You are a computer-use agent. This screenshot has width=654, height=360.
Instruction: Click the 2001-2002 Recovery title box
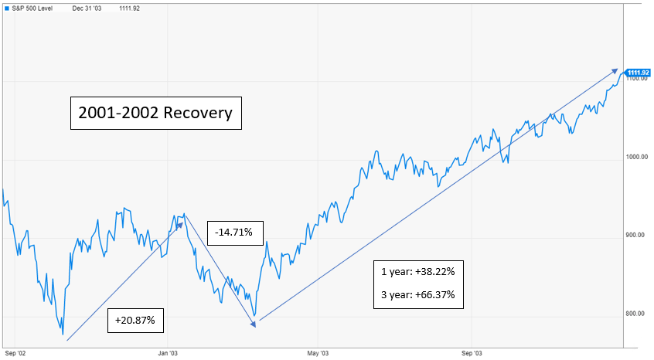(x=155, y=113)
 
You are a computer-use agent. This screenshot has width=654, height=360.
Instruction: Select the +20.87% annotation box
(x=136, y=319)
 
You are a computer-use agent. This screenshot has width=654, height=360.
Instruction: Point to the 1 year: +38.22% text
(x=422, y=272)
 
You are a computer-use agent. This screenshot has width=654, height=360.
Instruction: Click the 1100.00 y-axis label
(x=637, y=80)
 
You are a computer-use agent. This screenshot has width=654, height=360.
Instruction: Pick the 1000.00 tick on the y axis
(x=637, y=157)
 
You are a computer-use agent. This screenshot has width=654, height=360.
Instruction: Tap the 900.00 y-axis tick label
(x=637, y=235)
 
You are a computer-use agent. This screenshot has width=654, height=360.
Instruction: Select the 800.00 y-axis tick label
(x=637, y=313)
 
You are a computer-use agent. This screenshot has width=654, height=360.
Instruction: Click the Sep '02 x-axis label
(x=15, y=353)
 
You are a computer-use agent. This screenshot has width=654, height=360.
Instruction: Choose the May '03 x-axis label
(x=318, y=353)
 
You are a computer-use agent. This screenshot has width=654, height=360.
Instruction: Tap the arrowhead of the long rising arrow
(x=615, y=70)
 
